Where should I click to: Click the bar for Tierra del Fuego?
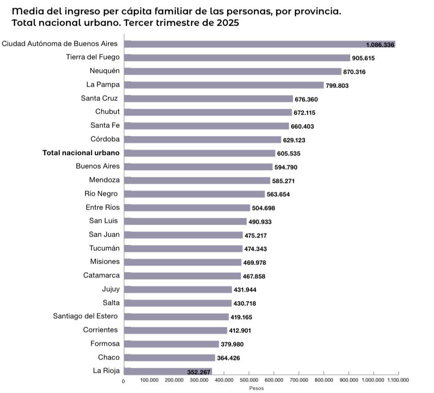237,58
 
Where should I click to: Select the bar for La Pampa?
224,85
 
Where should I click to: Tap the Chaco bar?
169,358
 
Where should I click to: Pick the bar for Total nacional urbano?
200,153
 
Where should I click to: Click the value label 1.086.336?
380,45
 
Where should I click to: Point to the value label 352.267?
199,372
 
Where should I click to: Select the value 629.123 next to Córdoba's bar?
297,140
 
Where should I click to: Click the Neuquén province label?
104,71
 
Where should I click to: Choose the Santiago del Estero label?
85,316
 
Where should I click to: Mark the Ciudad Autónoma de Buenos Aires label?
60,44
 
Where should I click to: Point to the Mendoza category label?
104,180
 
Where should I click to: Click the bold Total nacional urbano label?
81,153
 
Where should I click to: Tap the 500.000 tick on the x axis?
249,380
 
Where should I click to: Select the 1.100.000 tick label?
398,380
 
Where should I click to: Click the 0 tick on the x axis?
123,381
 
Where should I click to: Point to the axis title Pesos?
256,388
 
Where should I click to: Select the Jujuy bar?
178,289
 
